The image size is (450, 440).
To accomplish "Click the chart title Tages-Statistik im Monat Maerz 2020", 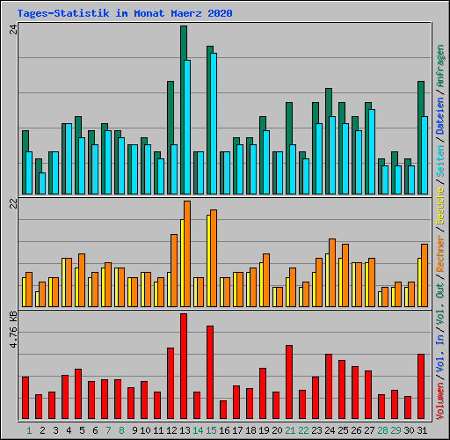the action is pos(125,13).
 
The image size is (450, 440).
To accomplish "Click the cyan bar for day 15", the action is pos(214,123).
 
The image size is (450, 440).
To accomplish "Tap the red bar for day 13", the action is pos(184,366).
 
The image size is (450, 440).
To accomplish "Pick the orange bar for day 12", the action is pos(174,270).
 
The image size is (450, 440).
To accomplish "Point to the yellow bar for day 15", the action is pos(208,260).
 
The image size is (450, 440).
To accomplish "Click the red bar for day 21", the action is pos(289,382).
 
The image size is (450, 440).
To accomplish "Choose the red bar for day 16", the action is pos(223,409).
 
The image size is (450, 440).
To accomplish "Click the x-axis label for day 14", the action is pos(198,430).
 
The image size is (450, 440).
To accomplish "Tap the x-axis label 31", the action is pos(422,430).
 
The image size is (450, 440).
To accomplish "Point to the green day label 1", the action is pos(29,430).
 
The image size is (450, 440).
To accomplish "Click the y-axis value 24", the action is pos(13,29).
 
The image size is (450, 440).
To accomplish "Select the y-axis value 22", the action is pos(13,203).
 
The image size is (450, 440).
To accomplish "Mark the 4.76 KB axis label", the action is pos(13,330).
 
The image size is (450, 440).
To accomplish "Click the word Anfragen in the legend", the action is pos(439,65).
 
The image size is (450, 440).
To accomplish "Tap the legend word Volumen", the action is pos(439,401).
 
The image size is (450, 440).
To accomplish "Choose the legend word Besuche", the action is pos(439,206).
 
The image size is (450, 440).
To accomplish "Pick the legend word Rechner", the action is pos(439,253).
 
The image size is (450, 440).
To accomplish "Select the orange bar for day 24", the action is pos(332,273).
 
